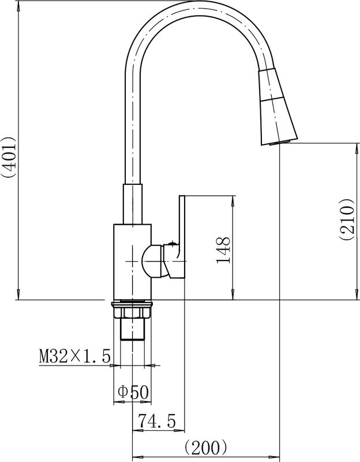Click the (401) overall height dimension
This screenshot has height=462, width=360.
coord(8,157)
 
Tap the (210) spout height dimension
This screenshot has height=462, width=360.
coord(346,219)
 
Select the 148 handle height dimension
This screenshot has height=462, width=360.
coord(223,249)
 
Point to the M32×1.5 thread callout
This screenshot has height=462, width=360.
coord(75,356)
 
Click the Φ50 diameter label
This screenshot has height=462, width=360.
coord(134,392)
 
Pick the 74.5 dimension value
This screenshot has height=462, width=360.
coord(157,421)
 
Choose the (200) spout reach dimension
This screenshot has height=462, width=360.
coord(206,448)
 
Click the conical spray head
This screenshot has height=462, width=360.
coord(277,107)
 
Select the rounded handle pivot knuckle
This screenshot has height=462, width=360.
coord(152,262)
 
